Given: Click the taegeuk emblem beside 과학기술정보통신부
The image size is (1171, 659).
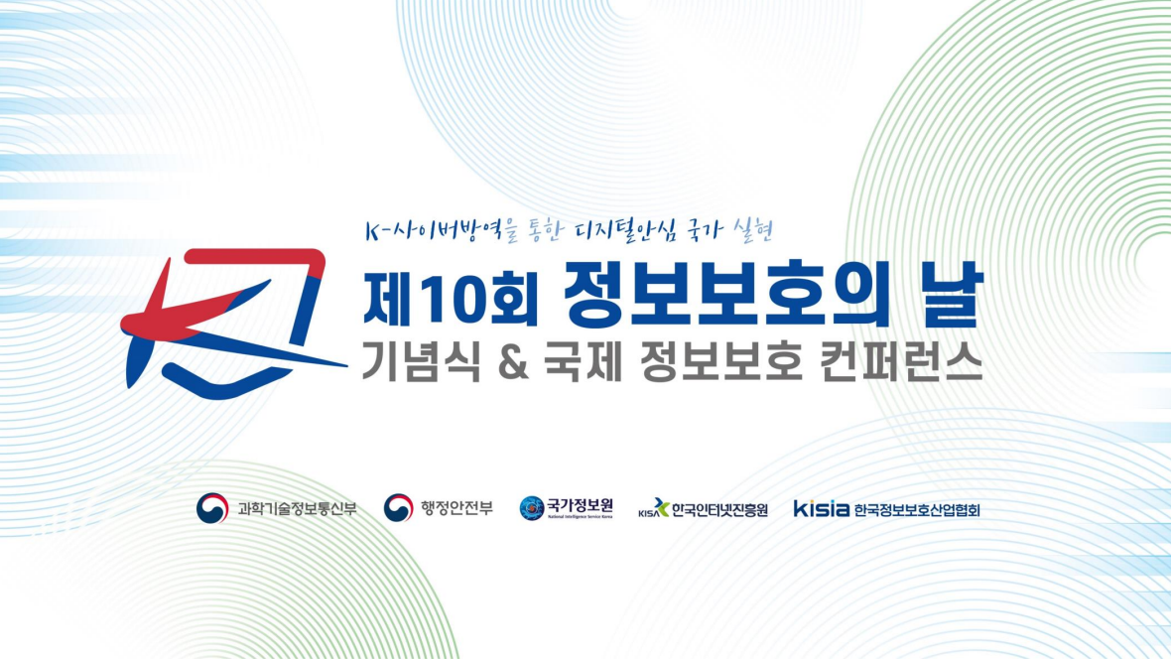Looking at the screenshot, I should point(212,509).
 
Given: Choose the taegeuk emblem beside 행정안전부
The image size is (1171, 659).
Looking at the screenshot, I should point(398,509).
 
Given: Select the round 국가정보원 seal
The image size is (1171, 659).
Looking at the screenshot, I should point(532,509).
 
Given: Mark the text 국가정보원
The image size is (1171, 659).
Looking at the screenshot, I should point(580,505).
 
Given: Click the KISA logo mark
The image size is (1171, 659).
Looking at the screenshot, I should point(654,509).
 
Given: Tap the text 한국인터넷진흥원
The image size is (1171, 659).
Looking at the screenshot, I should point(719,510).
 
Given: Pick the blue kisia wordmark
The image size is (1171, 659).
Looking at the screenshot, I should point(821,509).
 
